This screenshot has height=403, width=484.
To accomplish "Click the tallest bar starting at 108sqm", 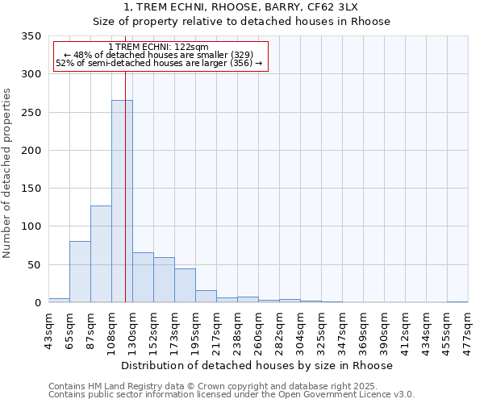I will click(x=122, y=201).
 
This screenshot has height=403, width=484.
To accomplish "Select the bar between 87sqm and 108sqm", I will click(x=101, y=254).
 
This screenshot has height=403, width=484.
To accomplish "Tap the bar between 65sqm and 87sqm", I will click(x=80, y=272).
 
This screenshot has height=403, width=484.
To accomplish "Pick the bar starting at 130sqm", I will click(x=143, y=277).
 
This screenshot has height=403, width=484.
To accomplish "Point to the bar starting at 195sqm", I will click(x=206, y=297).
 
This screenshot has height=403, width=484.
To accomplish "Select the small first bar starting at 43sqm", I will click(x=59, y=300).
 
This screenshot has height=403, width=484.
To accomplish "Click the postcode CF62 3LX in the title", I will click(x=362, y=6).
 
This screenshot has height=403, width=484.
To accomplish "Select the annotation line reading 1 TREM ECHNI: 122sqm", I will click(x=158, y=47).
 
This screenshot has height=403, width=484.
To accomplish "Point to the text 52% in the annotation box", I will click(x=65, y=63).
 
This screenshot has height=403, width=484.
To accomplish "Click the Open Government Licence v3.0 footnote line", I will click(x=232, y=394).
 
